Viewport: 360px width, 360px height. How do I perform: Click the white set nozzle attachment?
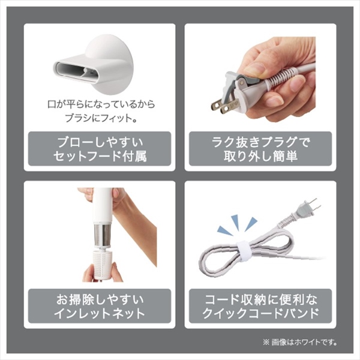pos(94,65)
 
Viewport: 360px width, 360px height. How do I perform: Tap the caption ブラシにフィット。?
pos(101,118)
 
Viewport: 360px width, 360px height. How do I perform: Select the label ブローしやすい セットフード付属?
pos(100,149)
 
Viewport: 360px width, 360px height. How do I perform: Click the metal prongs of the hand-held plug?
pos(223,105)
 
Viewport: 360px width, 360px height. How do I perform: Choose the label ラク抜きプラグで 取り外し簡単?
pos(260,149)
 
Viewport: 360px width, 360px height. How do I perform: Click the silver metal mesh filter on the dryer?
pos(103,236)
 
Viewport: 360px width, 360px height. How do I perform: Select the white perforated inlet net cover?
pos(103,263)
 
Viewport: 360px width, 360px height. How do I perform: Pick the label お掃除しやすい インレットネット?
pos(100,306)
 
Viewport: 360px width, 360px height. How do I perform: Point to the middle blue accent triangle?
pos(236,222)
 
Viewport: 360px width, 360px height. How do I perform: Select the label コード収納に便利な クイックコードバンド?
pos(260,306)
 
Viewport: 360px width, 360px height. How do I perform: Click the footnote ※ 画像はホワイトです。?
pos(301,343)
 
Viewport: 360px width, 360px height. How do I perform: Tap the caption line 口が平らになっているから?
pos(101,104)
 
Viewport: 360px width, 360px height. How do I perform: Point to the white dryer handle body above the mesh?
pos(103,206)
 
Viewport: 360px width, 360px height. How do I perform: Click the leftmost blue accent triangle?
pos(225,231)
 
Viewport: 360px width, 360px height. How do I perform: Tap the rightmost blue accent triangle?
pos(251,224)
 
